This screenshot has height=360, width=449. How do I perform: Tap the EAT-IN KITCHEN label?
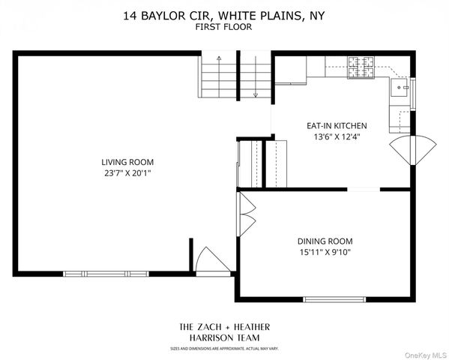tap(336, 126)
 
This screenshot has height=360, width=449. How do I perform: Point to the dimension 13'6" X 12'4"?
tap(336, 137)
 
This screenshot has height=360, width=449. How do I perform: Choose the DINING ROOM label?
tap(325, 241)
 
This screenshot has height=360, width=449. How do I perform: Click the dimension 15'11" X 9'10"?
tap(325, 252)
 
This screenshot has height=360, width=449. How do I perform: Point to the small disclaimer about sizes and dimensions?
tap(224, 348)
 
